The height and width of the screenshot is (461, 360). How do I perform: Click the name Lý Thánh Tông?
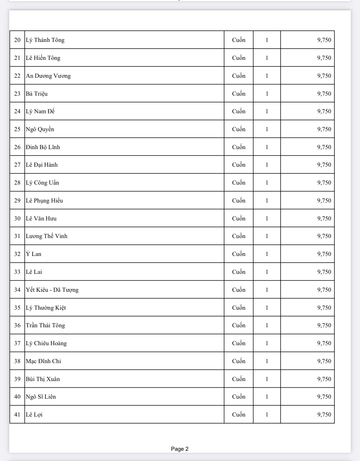point(45,40)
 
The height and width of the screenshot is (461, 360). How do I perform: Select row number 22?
point(17,76)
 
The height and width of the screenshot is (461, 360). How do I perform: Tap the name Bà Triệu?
point(37,94)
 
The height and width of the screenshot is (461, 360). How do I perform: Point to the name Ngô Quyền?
point(40,129)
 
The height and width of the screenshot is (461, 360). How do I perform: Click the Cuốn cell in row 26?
point(239,147)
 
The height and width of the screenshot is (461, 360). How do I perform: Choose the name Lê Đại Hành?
point(42,165)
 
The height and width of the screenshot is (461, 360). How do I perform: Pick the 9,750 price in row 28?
point(324,183)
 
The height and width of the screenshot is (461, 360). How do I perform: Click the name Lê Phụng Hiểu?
point(44,201)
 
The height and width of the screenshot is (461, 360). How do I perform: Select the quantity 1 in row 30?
point(267,219)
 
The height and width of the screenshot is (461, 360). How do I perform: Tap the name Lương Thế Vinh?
point(47,236)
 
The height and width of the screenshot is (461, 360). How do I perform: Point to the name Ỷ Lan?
point(34,254)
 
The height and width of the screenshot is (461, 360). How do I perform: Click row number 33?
point(17,272)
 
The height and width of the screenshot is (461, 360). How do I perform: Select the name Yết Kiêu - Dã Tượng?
point(52,290)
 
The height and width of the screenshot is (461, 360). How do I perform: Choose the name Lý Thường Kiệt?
point(46,308)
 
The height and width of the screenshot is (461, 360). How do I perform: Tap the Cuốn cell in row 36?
point(239,325)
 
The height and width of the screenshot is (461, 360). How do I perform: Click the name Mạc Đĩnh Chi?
point(44,361)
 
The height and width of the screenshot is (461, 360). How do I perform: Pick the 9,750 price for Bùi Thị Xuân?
point(324,379)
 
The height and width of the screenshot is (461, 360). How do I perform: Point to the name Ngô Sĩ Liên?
point(41,397)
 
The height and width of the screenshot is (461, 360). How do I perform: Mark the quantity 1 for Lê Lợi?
point(267,415)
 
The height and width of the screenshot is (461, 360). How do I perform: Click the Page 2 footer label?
point(180,449)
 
